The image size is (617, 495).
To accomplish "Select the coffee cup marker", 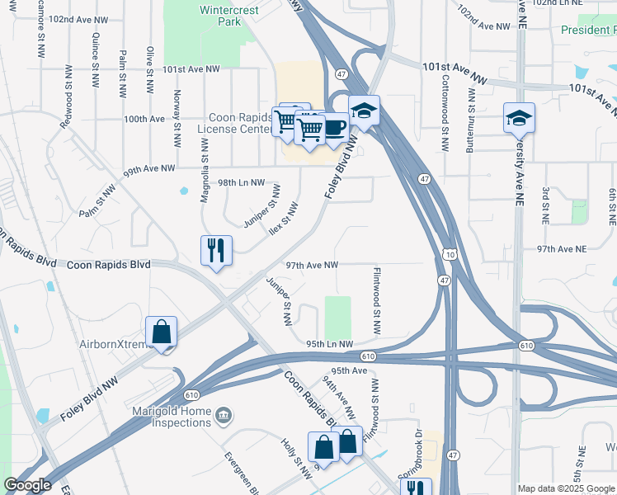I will coord(334,128).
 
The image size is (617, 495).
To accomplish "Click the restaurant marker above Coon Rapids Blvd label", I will coord(216,250).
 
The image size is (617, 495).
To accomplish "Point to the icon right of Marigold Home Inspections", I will coord(224,414).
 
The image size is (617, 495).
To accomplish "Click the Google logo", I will coord(27,485).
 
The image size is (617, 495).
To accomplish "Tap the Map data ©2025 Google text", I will coord(566,488).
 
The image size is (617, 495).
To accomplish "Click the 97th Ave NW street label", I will coord(313,266).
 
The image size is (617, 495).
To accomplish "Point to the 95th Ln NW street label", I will coord(329,344).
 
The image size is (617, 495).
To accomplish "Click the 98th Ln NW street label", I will coord(241,182).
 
